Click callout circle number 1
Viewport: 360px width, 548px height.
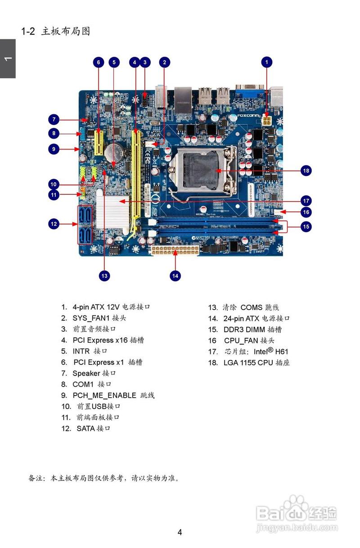coord(267,62)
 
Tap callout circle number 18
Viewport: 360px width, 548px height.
coord(306,171)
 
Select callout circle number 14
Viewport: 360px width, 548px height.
coord(175,275)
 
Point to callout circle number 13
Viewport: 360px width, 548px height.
coord(104,275)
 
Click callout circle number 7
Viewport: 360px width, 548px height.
coord(54,120)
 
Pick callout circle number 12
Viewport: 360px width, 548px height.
coord(54,223)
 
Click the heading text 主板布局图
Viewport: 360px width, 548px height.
coord(66,31)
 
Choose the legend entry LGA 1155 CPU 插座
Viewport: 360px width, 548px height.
coord(256,363)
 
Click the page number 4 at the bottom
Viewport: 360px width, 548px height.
coord(180,532)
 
